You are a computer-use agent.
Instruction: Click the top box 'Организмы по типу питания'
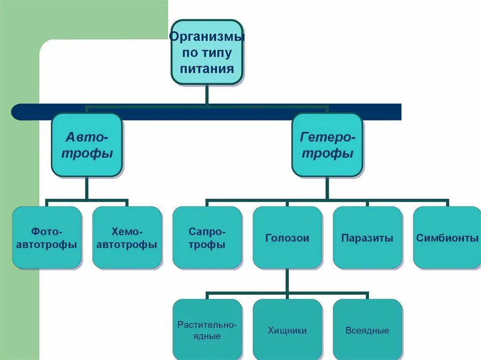coord(207,52)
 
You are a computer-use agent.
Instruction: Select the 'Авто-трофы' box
coord(87,145)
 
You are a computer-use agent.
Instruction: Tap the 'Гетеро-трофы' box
coord(327,145)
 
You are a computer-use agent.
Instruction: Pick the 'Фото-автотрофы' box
coord(47,237)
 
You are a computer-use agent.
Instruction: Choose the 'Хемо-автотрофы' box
coord(127,237)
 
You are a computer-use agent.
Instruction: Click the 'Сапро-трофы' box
coord(207,237)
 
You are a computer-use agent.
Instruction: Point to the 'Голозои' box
coord(287,237)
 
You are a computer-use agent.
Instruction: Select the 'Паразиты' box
coord(367,237)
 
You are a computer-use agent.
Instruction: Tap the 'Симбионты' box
coord(447,237)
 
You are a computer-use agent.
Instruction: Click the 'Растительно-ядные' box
coord(207,330)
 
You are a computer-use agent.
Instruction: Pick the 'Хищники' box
coord(287,330)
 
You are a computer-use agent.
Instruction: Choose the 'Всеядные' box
coord(367,330)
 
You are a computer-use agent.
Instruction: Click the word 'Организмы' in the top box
coord(207,37)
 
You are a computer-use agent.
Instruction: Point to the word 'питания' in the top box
coord(207,69)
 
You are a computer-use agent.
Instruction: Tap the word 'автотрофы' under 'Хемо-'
coord(127,245)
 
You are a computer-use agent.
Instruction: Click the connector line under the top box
coord(207,94)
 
